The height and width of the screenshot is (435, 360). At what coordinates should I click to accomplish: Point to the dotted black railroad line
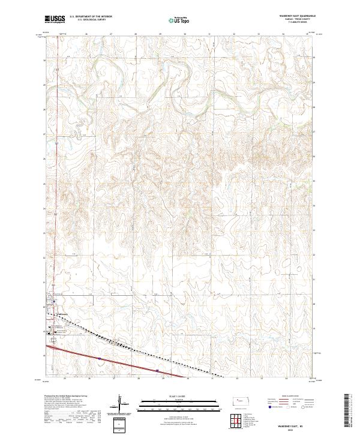(120, 345)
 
